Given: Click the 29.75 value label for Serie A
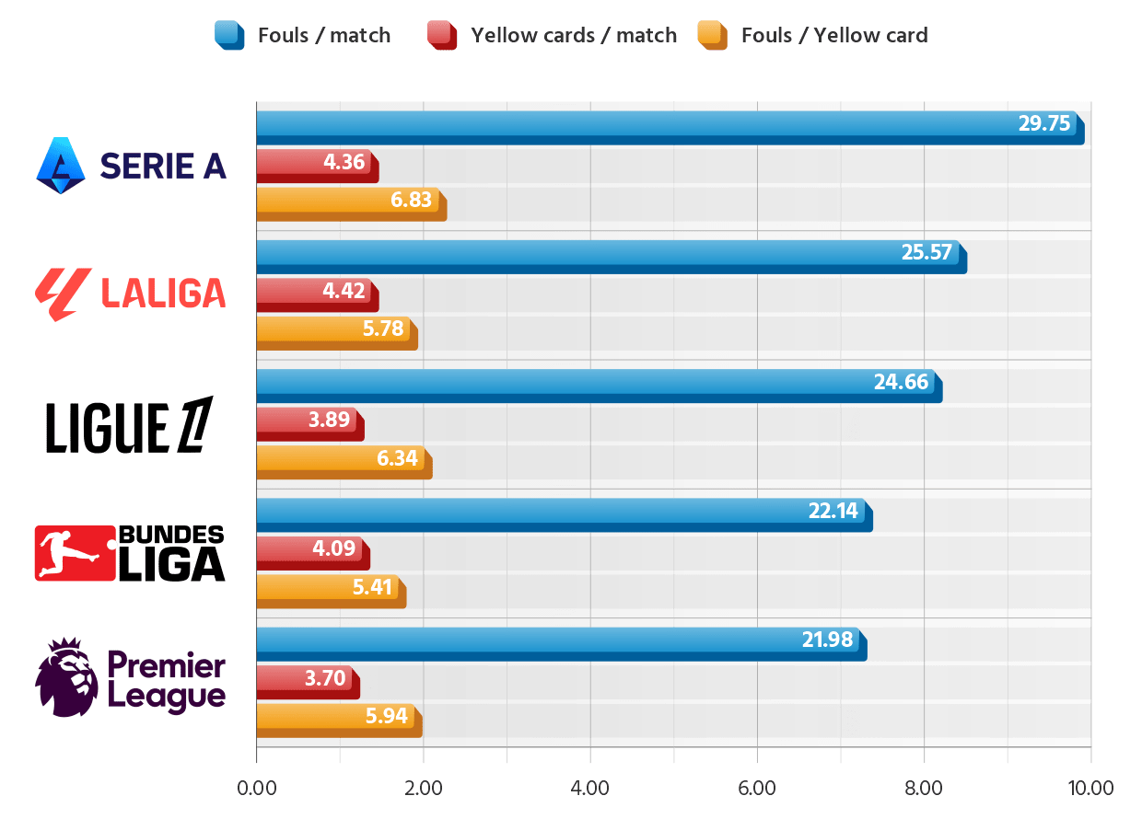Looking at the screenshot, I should (1044, 123).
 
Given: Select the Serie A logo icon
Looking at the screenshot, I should (61, 165).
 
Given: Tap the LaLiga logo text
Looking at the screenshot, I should (162, 294).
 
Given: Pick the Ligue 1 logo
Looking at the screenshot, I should (129, 425).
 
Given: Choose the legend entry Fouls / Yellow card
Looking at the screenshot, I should (833, 36).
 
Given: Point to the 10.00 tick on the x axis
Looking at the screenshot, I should (1090, 788).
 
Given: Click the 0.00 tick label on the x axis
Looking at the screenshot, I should (256, 788).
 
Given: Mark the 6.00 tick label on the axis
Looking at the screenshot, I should (757, 788).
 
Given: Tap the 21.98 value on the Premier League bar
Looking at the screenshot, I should (827, 640).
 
